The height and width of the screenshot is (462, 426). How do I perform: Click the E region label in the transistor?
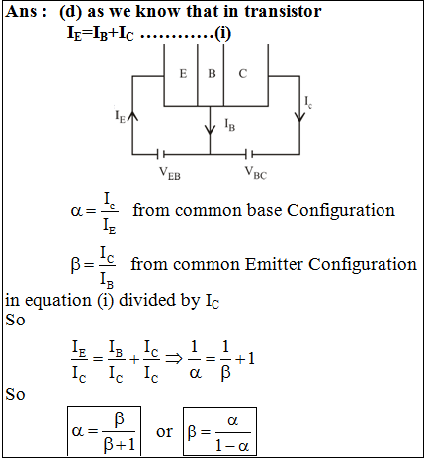[183, 73]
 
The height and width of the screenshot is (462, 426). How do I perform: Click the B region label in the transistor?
[212, 73]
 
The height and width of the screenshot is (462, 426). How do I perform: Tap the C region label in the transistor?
[243, 73]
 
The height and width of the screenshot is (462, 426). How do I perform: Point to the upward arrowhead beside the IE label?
[132, 116]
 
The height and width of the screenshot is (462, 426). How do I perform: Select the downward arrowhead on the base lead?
[210, 129]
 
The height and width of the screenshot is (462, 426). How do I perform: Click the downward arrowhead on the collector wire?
[299, 117]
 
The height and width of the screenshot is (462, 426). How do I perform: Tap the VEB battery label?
[170, 173]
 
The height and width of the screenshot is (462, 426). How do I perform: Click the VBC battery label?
[255, 173]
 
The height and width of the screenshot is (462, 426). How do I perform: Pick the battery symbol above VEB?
[161, 154]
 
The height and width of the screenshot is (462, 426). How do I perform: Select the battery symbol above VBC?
[249, 154]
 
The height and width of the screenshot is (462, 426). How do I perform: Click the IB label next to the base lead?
[230, 125]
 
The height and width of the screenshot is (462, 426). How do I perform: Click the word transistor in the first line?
[283, 11]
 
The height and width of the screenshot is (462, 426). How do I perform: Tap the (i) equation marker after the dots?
[222, 33]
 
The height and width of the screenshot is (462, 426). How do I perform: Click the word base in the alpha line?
[264, 210]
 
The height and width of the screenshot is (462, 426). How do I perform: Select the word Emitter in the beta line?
[274, 264]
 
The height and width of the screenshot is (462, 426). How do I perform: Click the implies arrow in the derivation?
[174, 359]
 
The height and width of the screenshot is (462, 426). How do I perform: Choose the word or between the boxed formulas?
[164, 432]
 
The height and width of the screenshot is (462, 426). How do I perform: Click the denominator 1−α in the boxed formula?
[232, 446]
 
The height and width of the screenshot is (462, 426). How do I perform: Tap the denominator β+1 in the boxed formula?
[120, 445]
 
